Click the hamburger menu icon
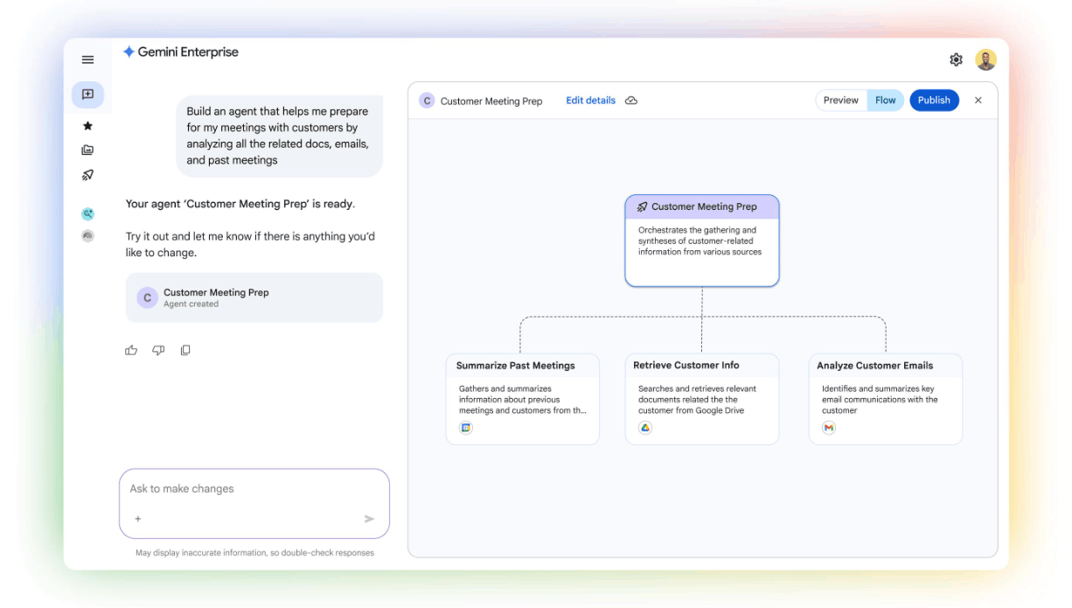(87, 59)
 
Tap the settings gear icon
(956, 59)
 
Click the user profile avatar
(985, 59)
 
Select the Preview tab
(841, 100)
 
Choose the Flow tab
(886, 100)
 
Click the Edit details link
(590, 101)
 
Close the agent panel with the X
(978, 100)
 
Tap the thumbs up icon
(131, 351)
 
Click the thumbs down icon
(158, 351)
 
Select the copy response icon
(185, 351)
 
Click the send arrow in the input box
(369, 519)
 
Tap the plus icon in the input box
(138, 519)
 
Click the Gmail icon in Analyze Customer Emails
(829, 428)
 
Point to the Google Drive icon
(645, 428)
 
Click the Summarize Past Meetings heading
(515, 366)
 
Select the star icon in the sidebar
(87, 126)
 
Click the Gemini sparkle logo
(129, 52)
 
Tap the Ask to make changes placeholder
(182, 489)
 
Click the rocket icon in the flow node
(643, 206)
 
